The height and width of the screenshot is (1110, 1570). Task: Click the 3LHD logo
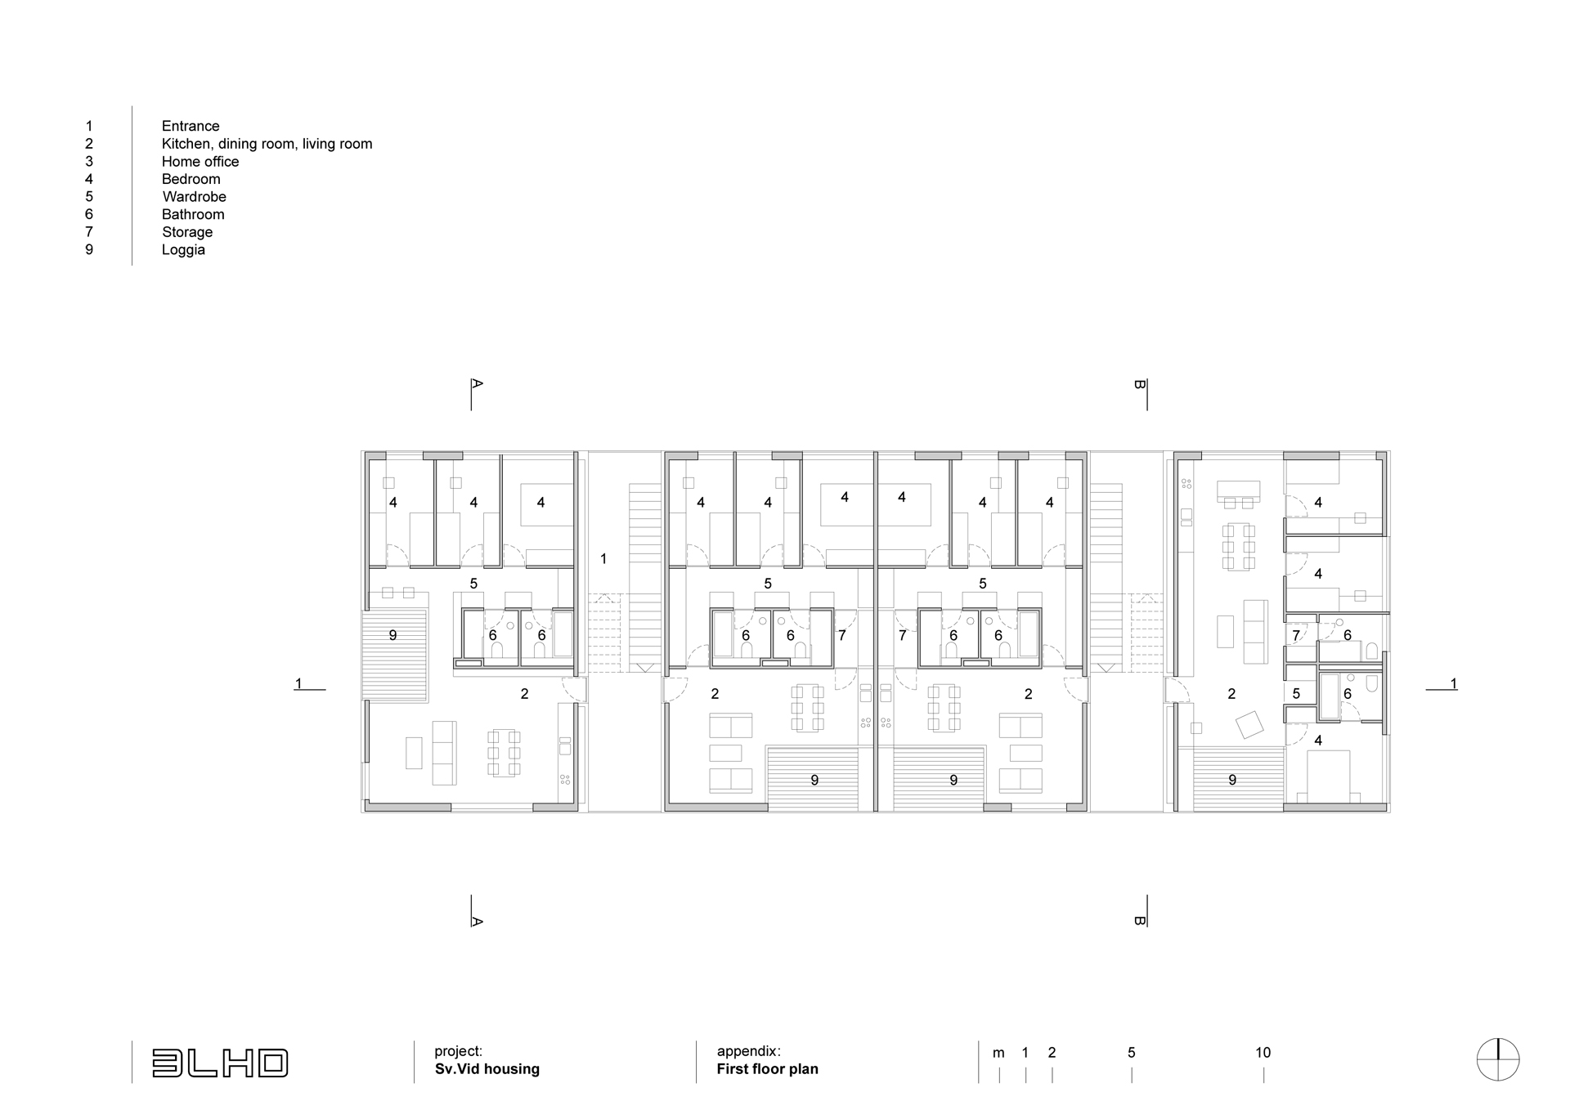pyautogui.click(x=220, y=1063)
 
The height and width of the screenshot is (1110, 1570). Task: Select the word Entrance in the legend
pyautogui.click(x=191, y=126)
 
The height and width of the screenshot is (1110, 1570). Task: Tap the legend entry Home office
pyautogui.click(x=200, y=162)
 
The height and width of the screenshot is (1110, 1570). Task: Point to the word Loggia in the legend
pyautogui.click(x=183, y=250)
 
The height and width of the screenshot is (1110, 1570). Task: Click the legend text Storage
pyautogui.click(x=187, y=232)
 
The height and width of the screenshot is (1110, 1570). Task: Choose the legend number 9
pyautogui.click(x=89, y=250)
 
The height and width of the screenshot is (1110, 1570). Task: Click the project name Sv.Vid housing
pyautogui.click(x=487, y=1069)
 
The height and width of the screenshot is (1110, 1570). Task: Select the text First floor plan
pyautogui.click(x=768, y=1069)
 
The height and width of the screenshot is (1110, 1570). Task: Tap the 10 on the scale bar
pyautogui.click(x=1263, y=1053)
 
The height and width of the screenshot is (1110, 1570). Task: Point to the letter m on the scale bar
pyautogui.click(x=998, y=1054)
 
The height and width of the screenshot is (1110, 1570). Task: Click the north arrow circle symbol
pyautogui.click(x=1498, y=1060)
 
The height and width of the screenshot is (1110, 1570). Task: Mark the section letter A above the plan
pyautogui.click(x=478, y=383)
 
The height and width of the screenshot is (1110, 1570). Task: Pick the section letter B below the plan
pyautogui.click(x=1140, y=920)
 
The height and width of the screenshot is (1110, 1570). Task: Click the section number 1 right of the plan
pyautogui.click(x=1453, y=683)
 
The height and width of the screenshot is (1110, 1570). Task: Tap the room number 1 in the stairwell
pyautogui.click(x=603, y=559)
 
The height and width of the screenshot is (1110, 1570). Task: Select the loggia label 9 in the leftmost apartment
pyautogui.click(x=392, y=635)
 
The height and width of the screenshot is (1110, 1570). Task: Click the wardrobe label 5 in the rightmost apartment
pyautogui.click(x=1296, y=694)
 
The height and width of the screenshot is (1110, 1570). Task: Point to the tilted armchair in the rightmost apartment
pyautogui.click(x=1249, y=724)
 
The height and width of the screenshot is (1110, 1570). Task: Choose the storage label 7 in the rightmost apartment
pyautogui.click(x=1296, y=635)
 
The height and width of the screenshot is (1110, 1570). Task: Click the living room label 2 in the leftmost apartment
pyautogui.click(x=524, y=694)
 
